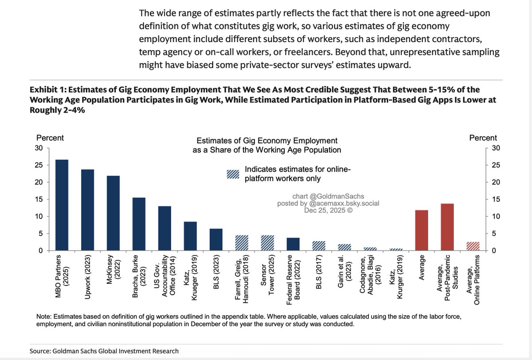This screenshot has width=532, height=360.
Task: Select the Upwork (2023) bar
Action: coord(88,210)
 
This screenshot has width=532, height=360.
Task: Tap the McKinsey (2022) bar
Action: coord(113,213)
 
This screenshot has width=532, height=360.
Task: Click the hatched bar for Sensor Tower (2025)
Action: coord(267,243)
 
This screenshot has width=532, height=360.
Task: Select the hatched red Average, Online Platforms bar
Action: coord(473,247)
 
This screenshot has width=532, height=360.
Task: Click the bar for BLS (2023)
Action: coord(216,240)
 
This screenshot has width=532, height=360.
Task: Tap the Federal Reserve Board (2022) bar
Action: coord(293,244)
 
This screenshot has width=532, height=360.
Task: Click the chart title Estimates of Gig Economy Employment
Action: coord(266,141)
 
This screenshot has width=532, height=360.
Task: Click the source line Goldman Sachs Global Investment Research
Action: coord(104,351)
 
